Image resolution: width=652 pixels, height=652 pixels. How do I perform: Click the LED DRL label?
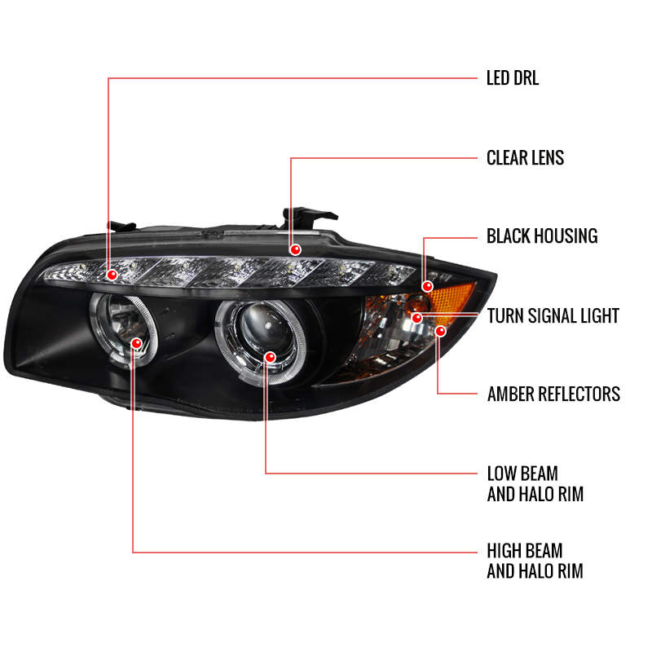pos(513,78)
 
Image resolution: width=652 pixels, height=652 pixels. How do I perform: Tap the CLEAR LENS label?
pos(525,158)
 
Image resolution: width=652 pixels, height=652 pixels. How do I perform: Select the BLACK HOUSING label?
pos(542,236)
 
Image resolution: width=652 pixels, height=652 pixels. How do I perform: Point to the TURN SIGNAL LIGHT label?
pos(553,316)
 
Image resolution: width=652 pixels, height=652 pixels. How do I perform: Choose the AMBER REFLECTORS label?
pos(553,394)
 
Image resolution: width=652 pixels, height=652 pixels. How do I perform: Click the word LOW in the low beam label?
pos(502,474)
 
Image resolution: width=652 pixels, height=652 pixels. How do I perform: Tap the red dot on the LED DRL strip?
pos(112,275)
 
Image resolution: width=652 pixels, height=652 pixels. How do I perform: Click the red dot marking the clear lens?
pos(295,249)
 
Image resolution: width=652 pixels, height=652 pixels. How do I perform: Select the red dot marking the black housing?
pos(427,286)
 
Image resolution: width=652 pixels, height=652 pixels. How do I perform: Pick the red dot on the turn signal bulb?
pos(417,318)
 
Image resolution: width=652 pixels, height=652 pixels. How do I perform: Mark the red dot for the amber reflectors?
pos(440,331)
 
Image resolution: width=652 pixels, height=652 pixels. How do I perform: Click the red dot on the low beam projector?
pos(271,357)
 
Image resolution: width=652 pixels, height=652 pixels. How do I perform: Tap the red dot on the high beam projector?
pos(136,343)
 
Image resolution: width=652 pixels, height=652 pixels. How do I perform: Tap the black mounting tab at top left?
pos(121,227)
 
